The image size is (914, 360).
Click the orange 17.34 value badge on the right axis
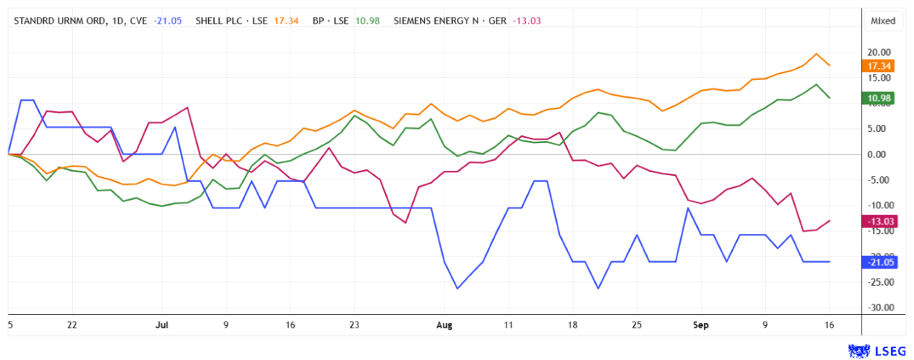[878, 66]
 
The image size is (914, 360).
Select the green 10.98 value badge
[878, 98]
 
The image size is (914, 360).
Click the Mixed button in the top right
[883, 21]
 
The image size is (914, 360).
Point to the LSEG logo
[876, 351]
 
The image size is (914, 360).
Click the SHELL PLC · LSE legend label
[232, 21]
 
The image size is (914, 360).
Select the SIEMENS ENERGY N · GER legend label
[450, 21]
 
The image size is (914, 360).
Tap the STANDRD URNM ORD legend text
[60, 21]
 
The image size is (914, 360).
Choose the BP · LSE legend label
[330, 21]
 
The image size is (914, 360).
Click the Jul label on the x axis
[162, 325]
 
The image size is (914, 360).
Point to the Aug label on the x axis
[444, 325]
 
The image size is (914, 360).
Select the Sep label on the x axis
[701, 325]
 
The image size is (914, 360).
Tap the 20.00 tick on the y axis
[879, 52]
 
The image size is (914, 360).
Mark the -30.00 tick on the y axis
[881, 308]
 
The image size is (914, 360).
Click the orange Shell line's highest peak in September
[816, 54]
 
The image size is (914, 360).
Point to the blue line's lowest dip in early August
[458, 288]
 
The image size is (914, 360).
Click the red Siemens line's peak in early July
[187, 108]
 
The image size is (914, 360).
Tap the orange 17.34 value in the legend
[286, 21]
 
